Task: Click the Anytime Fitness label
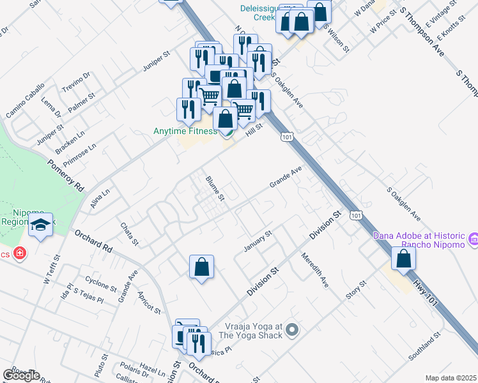coord(185,131)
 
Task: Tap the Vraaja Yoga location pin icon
coord(292,330)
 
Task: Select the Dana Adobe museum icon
coord(473,239)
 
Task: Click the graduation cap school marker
coord(41,225)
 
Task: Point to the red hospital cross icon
coord(20,254)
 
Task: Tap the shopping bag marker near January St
coord(201,267)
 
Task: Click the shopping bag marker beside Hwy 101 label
coord(403,258)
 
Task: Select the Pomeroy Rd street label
coord(66,176)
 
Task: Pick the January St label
coord(258,241)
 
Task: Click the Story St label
coord(356,291)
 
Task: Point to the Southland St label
coord(426,346)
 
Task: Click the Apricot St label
coord(148,303)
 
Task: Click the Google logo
coord(21,375)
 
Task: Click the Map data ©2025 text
coord(451,378)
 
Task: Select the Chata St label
coord(129,233)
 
